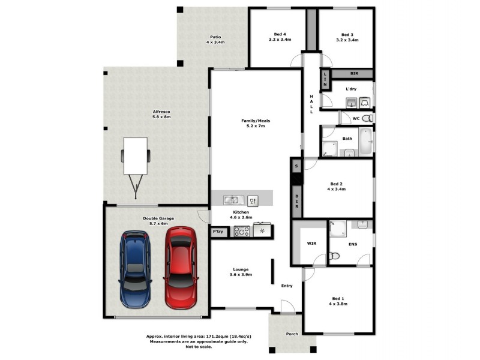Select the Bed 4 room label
(280, 34)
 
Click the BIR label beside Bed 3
(354, 73)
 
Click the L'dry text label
(351, 89)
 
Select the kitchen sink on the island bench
(232, 200)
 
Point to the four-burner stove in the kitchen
(241, 231)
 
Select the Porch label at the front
(292, 334)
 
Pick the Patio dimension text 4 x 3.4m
(215, 43)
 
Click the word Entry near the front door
(287, 286)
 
